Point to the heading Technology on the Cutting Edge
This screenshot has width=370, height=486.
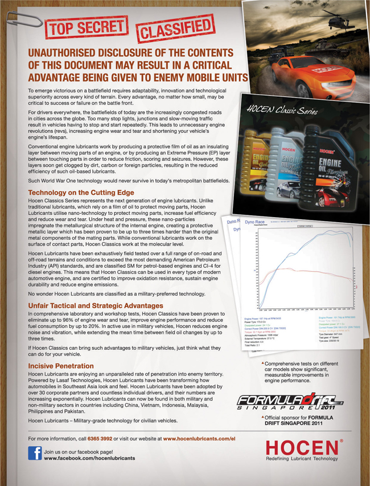coord(81,193)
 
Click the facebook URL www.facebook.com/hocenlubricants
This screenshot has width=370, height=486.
coord(89,458)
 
